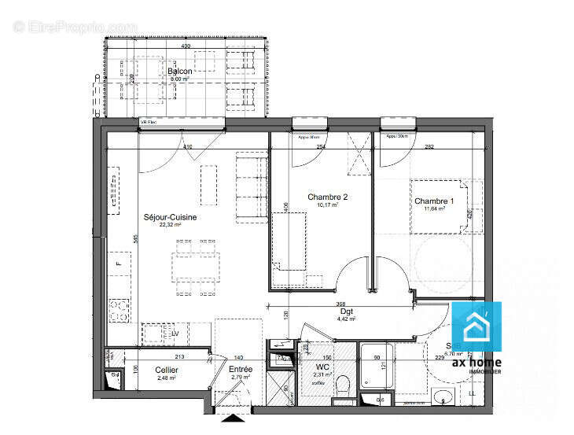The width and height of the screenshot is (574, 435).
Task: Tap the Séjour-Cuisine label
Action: (170, 217)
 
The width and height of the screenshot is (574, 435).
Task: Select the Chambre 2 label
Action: (327, 197)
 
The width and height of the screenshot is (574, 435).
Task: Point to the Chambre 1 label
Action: (433, 201)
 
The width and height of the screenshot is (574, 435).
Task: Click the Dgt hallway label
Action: (347, 312)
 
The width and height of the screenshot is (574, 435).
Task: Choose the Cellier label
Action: (166, 370)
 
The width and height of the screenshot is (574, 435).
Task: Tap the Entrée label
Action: (240, 369)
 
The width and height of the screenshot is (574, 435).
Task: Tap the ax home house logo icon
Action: (476, 327)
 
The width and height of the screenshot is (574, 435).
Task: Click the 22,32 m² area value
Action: (170, 225)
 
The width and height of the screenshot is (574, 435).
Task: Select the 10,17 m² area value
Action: (327, 205)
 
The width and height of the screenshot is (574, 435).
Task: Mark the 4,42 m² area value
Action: (347, 319)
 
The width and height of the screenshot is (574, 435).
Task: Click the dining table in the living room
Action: (197, 265)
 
